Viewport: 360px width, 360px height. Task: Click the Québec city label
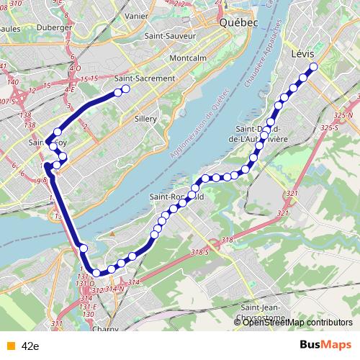click(238, 22)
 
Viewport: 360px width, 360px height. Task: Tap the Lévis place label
click(306, 53)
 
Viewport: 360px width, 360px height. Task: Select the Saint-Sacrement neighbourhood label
click(145, 78)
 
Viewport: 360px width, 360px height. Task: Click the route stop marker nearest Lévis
click(314, 68)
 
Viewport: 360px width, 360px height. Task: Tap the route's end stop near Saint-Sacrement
click(125, 89)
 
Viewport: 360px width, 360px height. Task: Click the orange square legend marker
click(9, 346)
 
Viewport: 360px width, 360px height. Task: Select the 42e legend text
click(30, 346)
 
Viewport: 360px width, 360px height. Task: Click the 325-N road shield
click(348, 116)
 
